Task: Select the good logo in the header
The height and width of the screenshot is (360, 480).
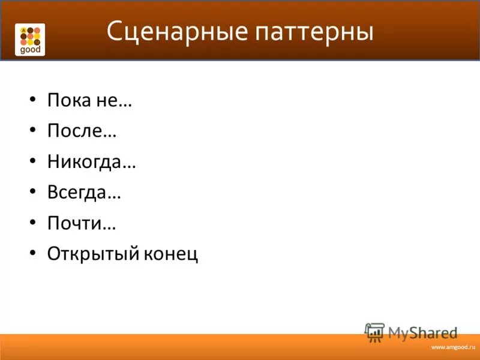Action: [30, 40]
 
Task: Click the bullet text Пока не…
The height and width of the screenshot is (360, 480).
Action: [89, 100]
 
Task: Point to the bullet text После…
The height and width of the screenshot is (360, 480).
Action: [82, 131]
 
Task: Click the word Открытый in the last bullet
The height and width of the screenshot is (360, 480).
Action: [93, 254]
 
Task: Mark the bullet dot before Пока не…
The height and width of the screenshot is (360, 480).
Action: [32, 100]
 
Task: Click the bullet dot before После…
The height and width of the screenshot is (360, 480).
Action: [32, 131]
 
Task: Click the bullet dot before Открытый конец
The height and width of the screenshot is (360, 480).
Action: [32, 254]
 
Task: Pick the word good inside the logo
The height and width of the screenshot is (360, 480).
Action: [30, 50]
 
